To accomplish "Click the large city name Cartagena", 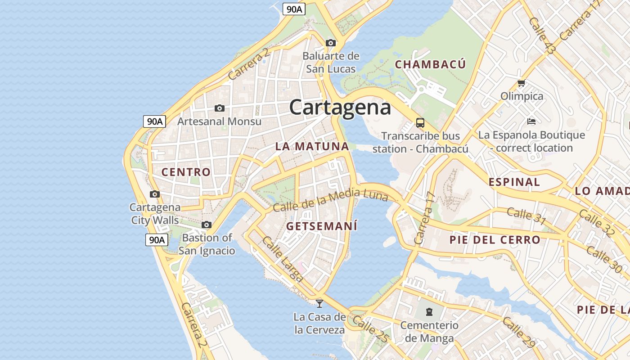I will (340, 108).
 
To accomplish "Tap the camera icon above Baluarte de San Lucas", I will (331, 43).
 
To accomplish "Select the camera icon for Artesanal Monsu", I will (219, 108).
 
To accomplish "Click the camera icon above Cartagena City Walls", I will (155, 194).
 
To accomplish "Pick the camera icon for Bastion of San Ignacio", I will (207, 225).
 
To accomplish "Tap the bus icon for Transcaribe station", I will (420, 122).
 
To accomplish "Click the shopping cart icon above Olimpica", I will (522, 83).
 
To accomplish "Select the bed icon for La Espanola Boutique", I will (531, 121).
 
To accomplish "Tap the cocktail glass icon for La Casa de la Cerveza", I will (319, 303).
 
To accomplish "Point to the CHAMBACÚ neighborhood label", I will (430, 64).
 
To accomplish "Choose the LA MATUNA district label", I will (312, 146).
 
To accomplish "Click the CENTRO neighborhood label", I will (186, 172).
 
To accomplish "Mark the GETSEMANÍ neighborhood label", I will (322, 226).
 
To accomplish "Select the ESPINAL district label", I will (514, 182).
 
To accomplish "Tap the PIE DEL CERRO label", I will (495, 240).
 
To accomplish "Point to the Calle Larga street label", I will (282, 260).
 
